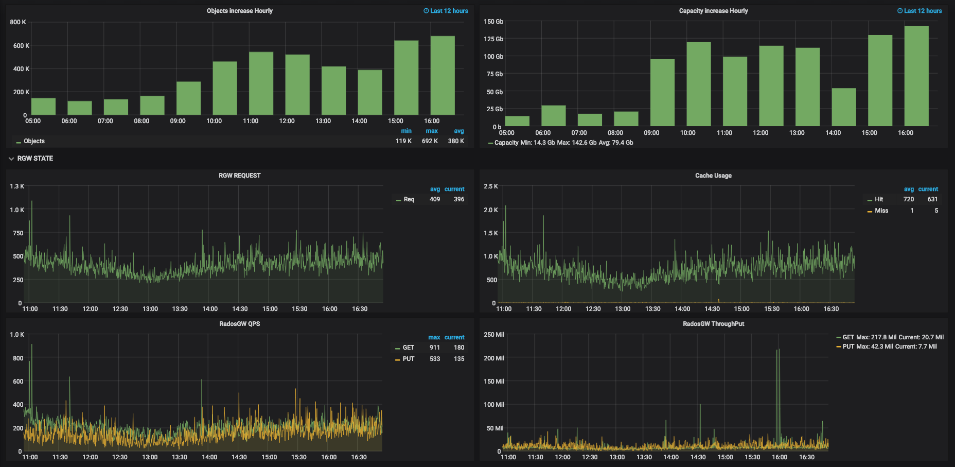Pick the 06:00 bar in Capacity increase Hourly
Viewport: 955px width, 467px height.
click(553, 116)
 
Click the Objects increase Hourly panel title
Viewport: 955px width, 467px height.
click(239, 11)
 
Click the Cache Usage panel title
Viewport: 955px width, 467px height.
click(713, 176)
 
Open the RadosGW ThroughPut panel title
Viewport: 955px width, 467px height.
click(713, 324)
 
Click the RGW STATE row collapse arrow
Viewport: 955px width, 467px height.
click(11, 159)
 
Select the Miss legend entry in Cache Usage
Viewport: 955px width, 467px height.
click(881, 211)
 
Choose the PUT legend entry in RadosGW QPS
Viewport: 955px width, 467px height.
click(408, 359)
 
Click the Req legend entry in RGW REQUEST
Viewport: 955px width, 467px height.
click(409, 199)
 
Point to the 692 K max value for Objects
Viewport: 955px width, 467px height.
click(430, 141)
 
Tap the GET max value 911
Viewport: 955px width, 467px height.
click(434, 348)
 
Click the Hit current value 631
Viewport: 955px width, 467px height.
click(932, 199)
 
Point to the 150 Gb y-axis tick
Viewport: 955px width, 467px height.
click(493, 22)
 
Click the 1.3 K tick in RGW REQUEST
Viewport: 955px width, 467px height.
click(17, 186)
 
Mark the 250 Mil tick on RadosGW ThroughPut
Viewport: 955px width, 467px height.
click(493, 335)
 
